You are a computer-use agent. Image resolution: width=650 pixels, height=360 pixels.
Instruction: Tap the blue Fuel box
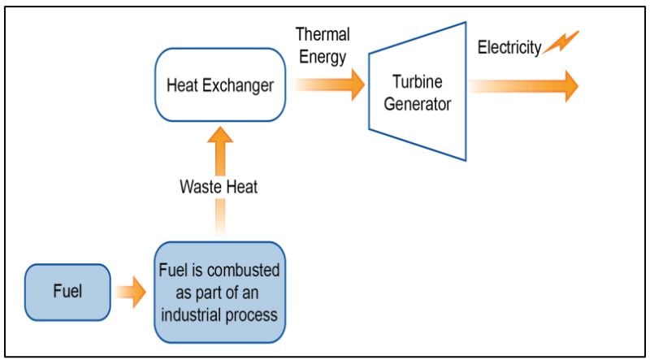[x=67, y=290]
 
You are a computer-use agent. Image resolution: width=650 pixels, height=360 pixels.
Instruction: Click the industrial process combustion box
[x=219, y=290]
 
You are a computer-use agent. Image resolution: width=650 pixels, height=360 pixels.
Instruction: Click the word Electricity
[x=508, y=48]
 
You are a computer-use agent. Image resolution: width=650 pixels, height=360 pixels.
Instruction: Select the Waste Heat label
[x=219, y=188]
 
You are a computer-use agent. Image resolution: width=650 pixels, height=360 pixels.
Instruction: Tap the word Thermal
[x=323, y=35]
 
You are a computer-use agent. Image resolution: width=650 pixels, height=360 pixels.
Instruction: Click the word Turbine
[x=418, y=84]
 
